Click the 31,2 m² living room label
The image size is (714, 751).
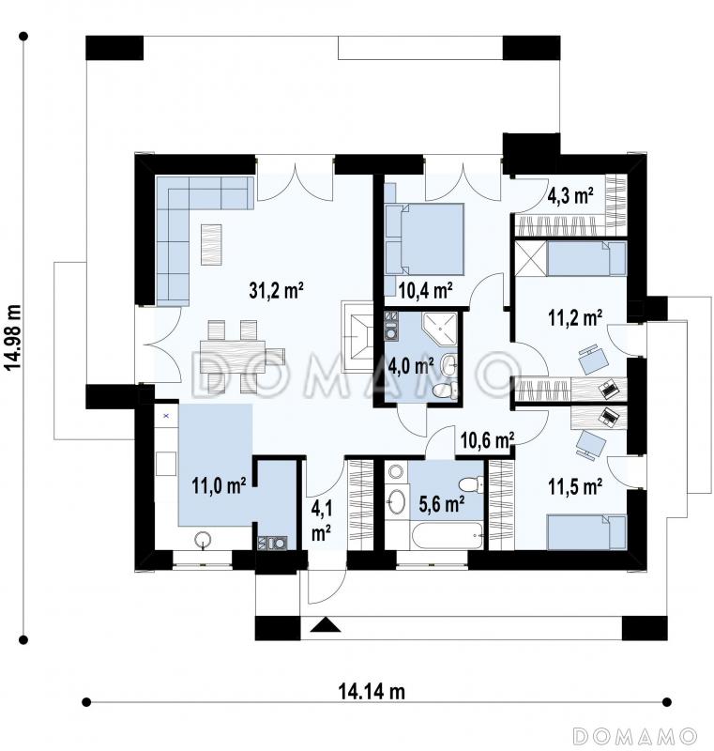click(276, 290)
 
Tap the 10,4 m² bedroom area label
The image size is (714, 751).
click(425, 290)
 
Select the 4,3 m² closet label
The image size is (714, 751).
click(570, 196)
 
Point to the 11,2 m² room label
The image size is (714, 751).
click(575, 317)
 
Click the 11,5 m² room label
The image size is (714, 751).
click(575, 486)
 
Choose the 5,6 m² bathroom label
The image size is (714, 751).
click(441, 504)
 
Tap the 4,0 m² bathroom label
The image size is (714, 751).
click(411, 366)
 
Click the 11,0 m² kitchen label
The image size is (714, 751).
click(219, 485)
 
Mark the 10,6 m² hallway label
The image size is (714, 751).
click(487, 439)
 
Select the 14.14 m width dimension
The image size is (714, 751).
click(372, 692)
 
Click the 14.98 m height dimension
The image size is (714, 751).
click(14, 337)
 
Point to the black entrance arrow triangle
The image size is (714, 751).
click(325, 625)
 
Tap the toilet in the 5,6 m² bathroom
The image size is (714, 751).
click(471, 484)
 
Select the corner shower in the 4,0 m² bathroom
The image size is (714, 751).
click(439, 330)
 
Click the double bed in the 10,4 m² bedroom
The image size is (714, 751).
click(424, 239)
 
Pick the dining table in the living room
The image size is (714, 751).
click(233, 354)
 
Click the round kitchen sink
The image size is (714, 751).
click(204, 540)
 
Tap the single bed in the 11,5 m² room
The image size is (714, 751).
click(586, 532)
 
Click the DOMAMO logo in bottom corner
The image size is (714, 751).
click(634, 736)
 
